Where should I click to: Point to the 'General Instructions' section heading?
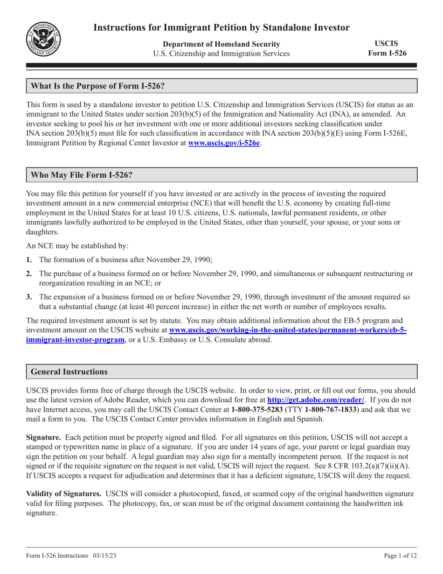(x=69, y=372)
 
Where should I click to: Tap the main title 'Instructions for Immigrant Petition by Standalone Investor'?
(x=221, y=27)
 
